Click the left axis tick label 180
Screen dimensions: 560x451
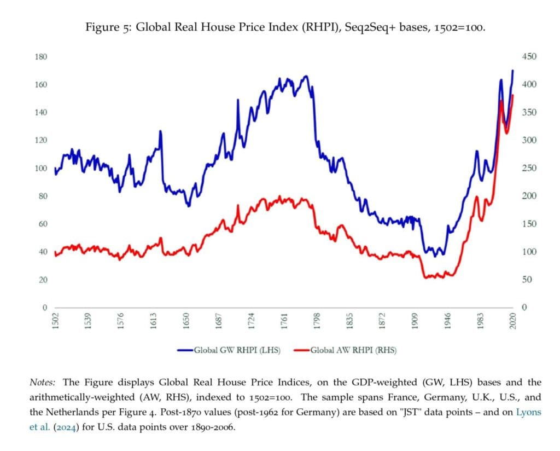40,57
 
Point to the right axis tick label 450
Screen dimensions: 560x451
529,56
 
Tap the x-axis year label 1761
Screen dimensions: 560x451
284,321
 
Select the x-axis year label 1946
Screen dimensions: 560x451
447,321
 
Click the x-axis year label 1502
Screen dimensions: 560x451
55,321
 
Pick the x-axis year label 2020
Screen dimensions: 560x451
513,321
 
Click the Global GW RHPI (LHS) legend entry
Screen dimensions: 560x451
229,350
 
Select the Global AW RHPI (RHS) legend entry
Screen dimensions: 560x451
345,350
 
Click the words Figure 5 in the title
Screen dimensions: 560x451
109,27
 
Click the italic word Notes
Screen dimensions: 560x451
42,383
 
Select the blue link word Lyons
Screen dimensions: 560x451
529,412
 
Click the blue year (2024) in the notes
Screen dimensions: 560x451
66,427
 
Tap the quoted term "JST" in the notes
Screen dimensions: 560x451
409,412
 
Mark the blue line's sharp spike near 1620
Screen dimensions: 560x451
160,131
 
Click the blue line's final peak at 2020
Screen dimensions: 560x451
512,71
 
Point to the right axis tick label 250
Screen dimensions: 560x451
529,168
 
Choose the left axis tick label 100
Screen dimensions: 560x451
40,169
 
